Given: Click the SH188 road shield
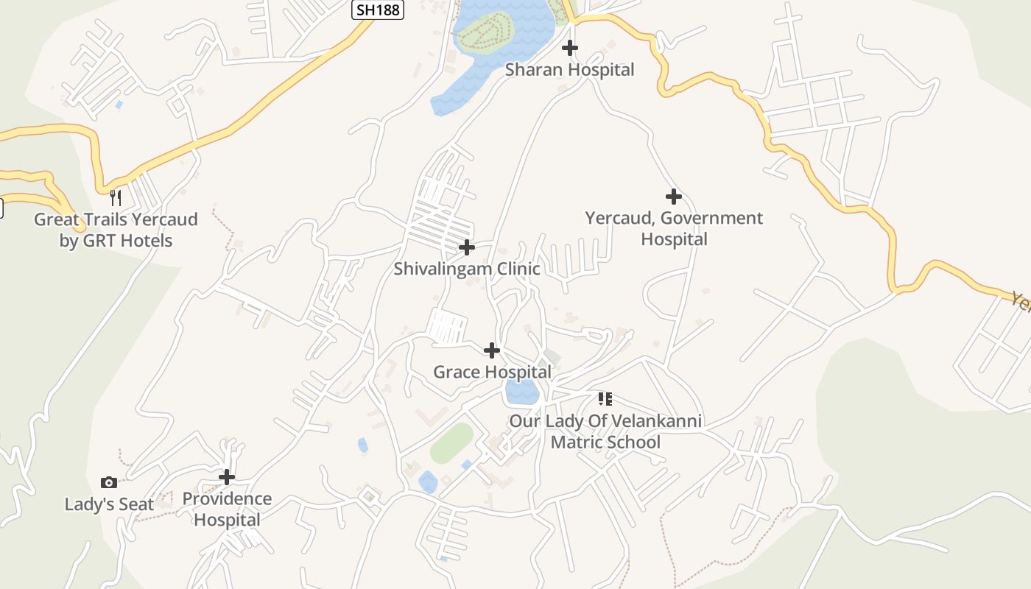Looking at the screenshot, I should click(378, 9).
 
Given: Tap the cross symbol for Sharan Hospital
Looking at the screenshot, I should click(569, 48).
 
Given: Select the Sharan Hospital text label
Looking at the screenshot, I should click(569, 70).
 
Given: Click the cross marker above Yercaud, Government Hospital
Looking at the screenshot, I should click(673, 197).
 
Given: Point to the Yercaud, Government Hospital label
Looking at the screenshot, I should click(674, 228).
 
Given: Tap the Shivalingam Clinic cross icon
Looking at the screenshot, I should click(466, 247).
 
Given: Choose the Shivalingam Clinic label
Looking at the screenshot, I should click(466, 269).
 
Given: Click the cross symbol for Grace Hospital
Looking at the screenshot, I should click(491, 350).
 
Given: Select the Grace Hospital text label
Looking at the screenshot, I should click(491, 372).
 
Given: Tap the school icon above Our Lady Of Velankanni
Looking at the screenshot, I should click(605, 399).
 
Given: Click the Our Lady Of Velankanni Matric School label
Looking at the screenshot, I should click(605, 431).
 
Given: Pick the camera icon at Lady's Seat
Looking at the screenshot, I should click(109, 482).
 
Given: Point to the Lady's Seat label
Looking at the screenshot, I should click(109, 504).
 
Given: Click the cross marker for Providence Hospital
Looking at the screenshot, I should click(227, 476).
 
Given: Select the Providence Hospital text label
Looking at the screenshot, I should click(227, 509).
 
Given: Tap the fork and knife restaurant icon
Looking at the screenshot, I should click(116, 197).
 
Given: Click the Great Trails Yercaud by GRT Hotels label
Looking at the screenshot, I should click(116, 230).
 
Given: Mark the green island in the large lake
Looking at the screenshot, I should click(483, 32).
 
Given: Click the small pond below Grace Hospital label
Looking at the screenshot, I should click(521, 392).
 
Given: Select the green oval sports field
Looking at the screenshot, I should click(451, 443).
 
